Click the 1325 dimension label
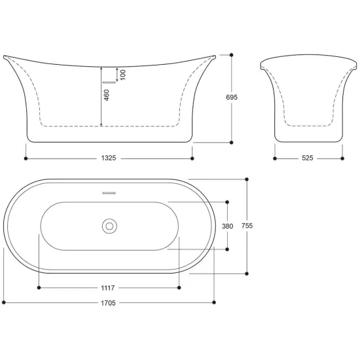109,158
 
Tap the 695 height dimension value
232,97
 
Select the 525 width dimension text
308,158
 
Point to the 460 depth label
107,95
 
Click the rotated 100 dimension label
123,75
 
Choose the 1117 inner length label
108,288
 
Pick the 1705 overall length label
108,303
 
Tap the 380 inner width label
228,226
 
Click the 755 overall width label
247,226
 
